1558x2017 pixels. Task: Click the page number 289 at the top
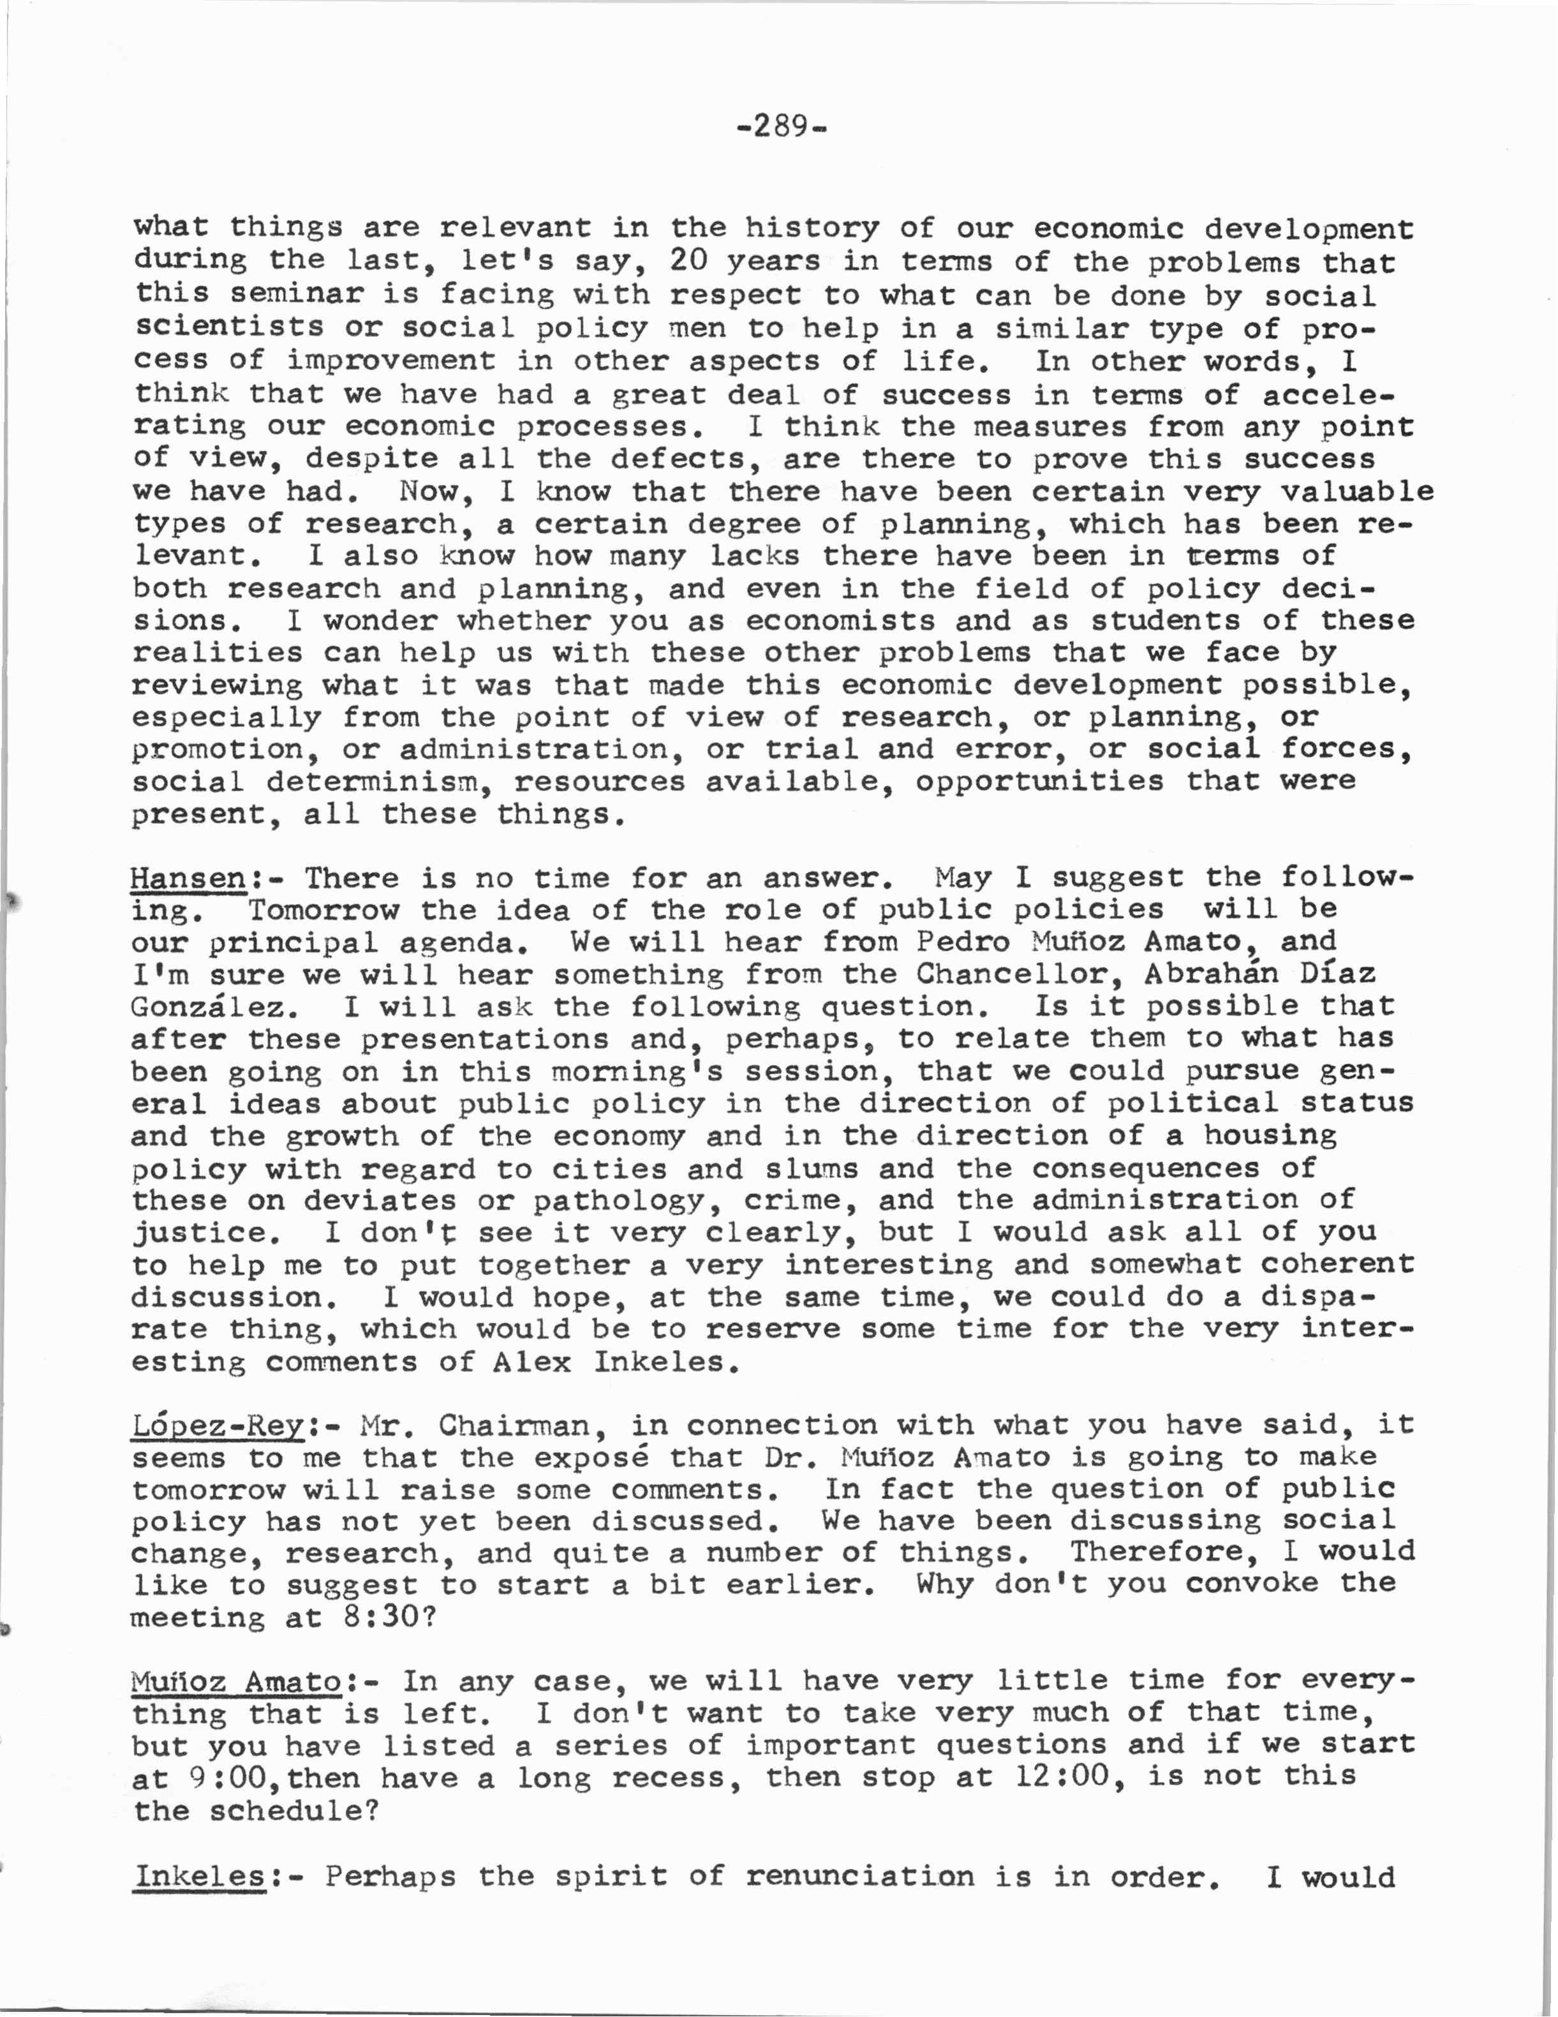click(x=780, y=124)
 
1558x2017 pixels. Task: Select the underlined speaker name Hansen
click(x=188, y=877)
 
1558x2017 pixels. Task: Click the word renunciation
click(x=859, y=1876)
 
